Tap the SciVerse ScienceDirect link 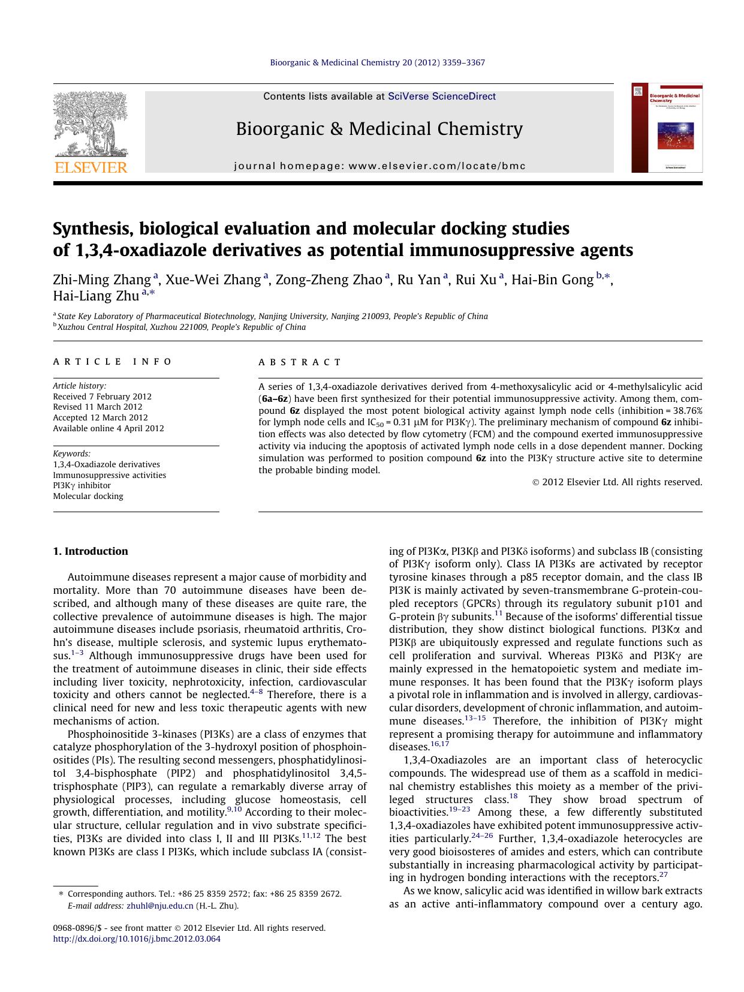442,96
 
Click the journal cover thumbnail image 666,128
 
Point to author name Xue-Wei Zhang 213,279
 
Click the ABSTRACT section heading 300,362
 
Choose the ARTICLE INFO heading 113,362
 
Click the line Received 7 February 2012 102,396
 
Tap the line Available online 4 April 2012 108,428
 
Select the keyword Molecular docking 88,496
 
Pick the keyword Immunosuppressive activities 110,475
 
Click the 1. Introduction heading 90,551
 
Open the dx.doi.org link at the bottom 137,939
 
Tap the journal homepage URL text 379,166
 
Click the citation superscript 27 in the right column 663,874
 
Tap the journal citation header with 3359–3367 377,62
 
